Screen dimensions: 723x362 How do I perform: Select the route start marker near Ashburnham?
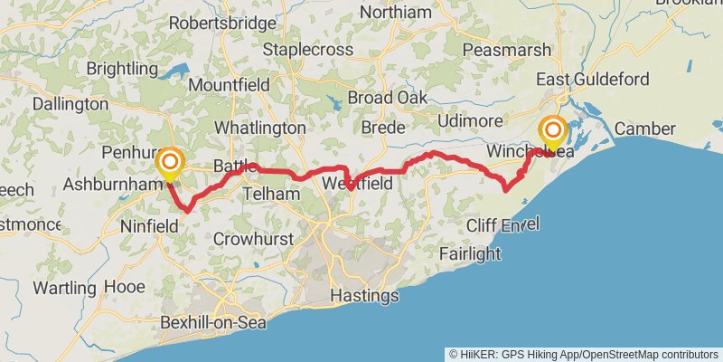[x=169, y=166]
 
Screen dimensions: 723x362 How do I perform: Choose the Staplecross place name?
[x=308, y=50]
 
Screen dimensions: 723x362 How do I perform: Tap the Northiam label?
[x=395, y=13]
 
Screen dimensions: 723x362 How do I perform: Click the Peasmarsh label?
[x=502, y=49]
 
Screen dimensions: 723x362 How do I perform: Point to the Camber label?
[x=645, y=129]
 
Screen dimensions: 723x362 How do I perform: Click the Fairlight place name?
[x=469, y=254]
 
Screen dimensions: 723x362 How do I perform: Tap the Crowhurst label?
[x=250, y=239]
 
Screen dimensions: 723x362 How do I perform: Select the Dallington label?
[x=70, y=104]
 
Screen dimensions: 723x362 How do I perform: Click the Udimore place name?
[x=468, y=121]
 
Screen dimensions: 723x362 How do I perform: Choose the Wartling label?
[x=63, y=288]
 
